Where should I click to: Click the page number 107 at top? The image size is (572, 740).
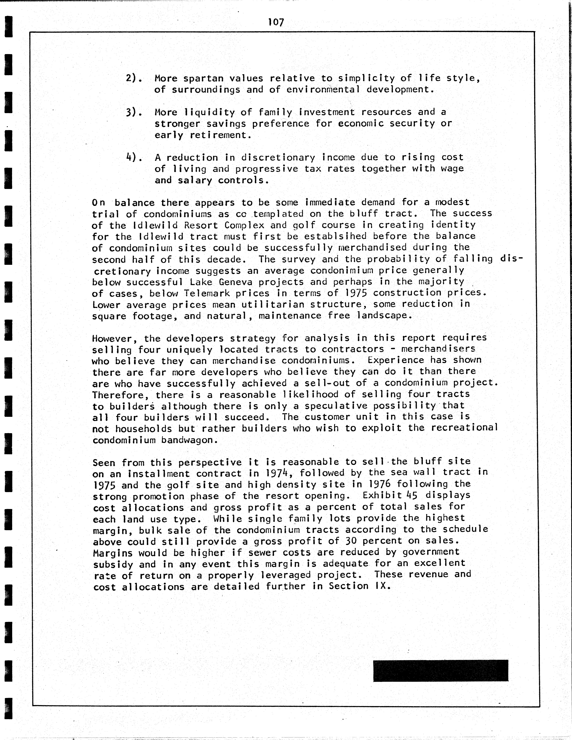[276, 22]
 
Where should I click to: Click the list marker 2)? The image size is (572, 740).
[134, 78]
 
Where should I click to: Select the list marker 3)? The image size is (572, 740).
[134, 112]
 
